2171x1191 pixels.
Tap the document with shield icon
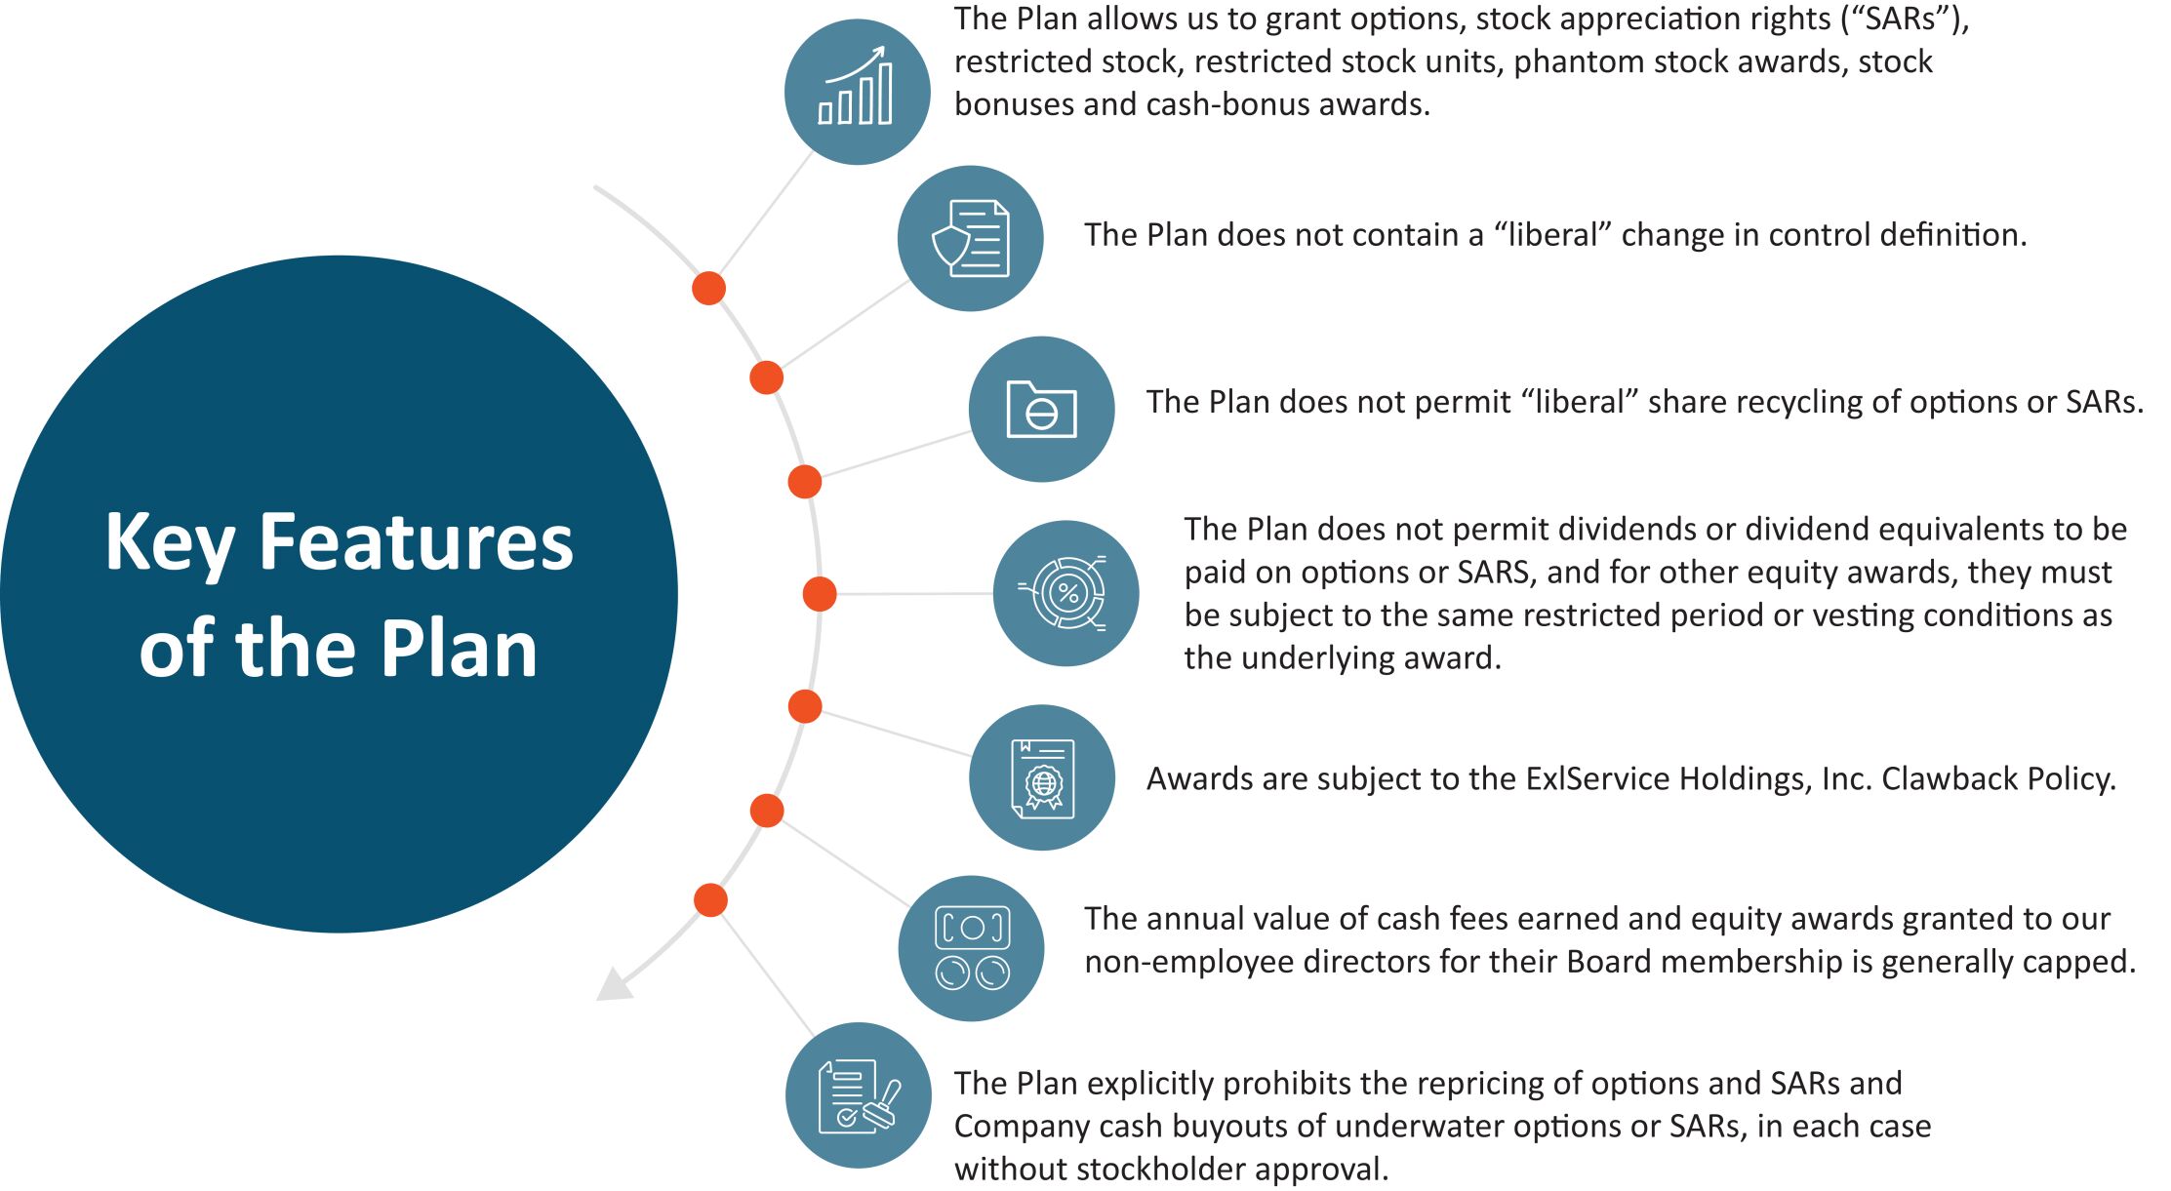tap(970, 238)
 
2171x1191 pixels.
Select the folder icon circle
tap(1041, 409)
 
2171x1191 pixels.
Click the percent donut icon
tap(1065, 593)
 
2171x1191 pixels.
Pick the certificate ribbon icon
tap(1042, 777)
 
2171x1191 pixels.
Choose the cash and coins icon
tap(971, 948)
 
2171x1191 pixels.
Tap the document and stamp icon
tap(859, 1094)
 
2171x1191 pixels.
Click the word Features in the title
tap(417, 541)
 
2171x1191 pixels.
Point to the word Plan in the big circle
tap(459, 649)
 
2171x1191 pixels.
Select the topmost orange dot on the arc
tap(708, 289)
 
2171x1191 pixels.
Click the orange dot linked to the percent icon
tap(820, 593)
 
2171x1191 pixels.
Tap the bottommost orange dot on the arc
tap(710, 900)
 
